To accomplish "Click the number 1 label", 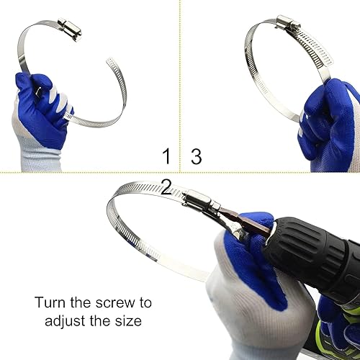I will tap(166, 156).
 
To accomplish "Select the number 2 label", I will tap(166, 189).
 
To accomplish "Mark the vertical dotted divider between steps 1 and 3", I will tap(179, 86).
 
